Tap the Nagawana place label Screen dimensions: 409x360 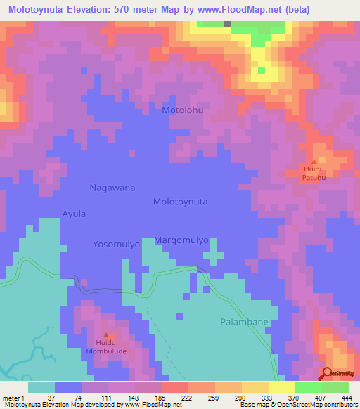(112, 188)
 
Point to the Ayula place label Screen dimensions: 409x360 (74, 213)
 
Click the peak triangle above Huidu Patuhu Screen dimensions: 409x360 (314, 161)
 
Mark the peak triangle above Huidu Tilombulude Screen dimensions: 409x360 (107, 335)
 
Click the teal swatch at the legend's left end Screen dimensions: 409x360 (41, 387)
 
